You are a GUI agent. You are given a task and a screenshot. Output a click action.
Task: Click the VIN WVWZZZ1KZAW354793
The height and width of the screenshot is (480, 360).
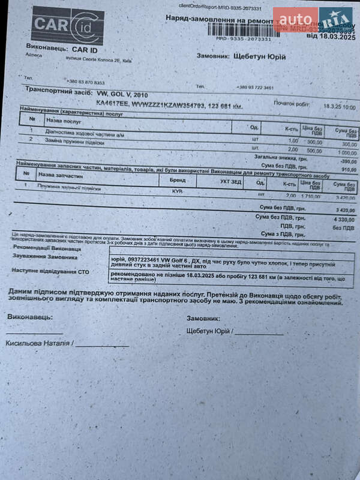pyautogui.click(x=167, y=106)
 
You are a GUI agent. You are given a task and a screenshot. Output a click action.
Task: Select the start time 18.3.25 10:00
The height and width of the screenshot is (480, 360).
pyautogui.click(x=340, y=106)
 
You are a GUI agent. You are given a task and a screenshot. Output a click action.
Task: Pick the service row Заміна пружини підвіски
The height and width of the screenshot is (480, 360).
pyautogui.click(x=74, y=142)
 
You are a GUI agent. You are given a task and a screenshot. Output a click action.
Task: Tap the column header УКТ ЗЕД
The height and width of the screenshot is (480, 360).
pyautogui.click(x=230, y=181)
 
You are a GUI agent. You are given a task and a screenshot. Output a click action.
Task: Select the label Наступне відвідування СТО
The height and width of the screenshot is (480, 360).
pyautogui.click(x=52, y=271)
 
